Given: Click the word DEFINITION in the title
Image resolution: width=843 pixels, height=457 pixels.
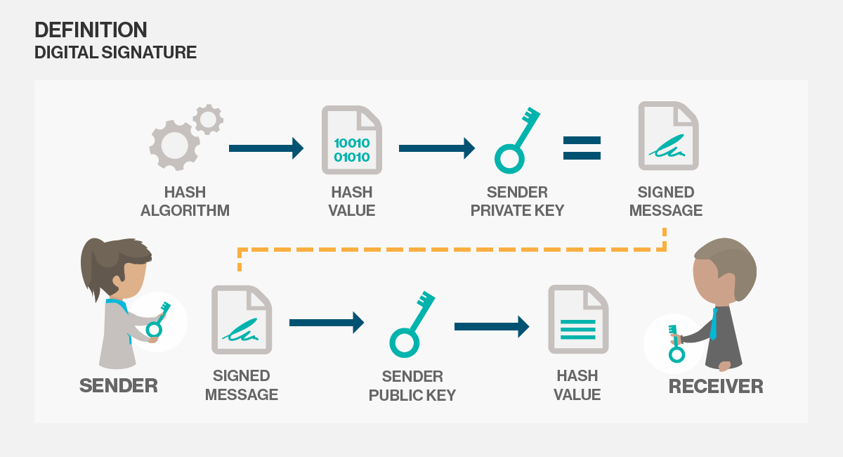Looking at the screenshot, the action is pyautogui.click(x=91, y=30).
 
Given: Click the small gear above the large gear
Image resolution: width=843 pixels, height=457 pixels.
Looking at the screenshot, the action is pyautogui.click(x=208, y=119).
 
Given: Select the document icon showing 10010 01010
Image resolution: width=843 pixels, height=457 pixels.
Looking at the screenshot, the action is pyautogui.click(x=352, y=140).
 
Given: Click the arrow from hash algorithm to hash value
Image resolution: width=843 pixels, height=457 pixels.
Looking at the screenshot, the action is pyautogui.click(x=266, y=148).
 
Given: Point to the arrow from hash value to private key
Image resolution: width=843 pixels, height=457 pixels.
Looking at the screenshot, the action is pyautogui.click(x=436, y=148).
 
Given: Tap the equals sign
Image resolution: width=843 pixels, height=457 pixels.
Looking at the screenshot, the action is pyautogui.click(x=582, y=148).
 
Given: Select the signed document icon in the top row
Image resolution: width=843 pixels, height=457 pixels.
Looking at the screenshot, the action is pyautogui.click(x=668, y=136).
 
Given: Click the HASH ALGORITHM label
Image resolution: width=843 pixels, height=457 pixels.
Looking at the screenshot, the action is pyautogui.click(x=185, y=201).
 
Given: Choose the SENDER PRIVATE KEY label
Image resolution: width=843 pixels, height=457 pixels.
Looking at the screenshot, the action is pyautogui.click(x=517, y=201).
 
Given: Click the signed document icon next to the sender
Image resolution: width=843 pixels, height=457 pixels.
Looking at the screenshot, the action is pyautogui.click(x=242, y=319).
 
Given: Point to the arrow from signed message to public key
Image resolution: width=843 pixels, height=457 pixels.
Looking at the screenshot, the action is pyautogui.click(x=327, y=323).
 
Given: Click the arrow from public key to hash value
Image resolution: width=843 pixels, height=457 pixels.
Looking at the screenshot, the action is pyautogui.click(x=492, y=326).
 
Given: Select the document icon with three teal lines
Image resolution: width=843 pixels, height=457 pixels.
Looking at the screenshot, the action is pyautogui.click(x=578, y=319).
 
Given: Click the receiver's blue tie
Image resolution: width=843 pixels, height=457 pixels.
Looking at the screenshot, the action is pyautogui.click(x=713, y=324).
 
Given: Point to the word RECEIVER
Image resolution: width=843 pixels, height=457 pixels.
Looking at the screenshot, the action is pyautogui.click(x=716, y=386).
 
